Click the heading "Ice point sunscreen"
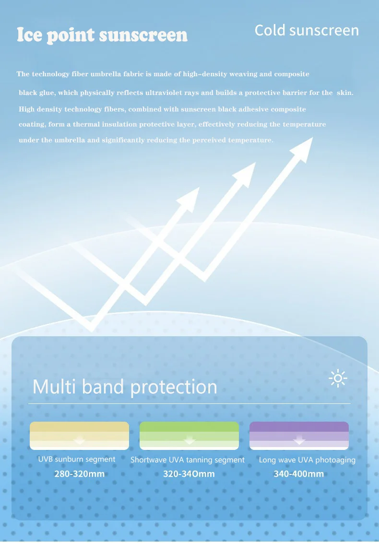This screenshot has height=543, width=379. point(102,35)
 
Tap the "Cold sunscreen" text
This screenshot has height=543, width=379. point(307,31)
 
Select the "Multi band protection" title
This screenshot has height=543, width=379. point(125,387)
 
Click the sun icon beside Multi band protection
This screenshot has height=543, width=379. point(338,378)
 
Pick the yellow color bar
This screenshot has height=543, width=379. point(79,435)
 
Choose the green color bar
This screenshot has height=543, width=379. point(189,435)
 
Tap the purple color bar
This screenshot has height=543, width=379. point(299,435)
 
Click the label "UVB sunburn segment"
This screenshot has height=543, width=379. point(77,459)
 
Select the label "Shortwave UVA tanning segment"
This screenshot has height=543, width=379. point(188,460)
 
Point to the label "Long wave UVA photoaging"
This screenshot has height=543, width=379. point(308,460)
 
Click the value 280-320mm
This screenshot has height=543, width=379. point(79,474)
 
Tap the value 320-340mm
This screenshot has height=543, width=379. point(189,474)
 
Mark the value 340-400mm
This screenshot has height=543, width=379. point(299,474)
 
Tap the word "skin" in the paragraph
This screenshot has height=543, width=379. point(345,93)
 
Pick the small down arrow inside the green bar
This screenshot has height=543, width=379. point(189,440)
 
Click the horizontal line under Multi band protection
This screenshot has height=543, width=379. point(189,403)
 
